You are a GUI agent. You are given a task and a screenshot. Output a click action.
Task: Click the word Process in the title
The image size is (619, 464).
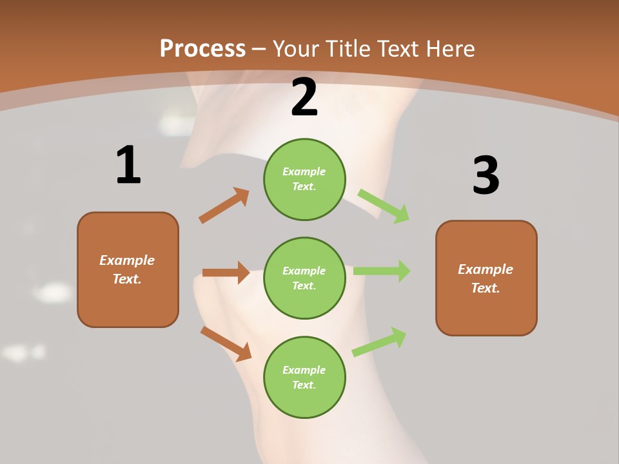pos(202,49)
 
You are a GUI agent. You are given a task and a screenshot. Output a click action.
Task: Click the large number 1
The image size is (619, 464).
pos(128,166)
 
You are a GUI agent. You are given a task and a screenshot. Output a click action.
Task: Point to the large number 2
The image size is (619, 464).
pos(304,97)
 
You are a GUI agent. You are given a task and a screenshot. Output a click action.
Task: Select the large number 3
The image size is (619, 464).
pos(486,176)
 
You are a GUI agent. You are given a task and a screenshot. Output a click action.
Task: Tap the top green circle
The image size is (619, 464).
pos(304,179)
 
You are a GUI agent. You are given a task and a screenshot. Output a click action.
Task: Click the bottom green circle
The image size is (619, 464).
pos(304,378)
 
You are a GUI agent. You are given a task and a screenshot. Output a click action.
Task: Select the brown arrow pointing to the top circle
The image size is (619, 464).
pos(224,206)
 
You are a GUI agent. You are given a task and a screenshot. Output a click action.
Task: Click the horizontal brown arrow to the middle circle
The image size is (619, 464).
pos(226,273)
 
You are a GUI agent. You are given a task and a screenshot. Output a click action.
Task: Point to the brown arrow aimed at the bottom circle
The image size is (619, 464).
pos(226,343)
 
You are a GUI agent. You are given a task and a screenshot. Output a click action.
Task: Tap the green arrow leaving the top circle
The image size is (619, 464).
pos(384,206)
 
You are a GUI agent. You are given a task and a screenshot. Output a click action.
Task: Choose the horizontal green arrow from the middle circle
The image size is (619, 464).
pos(382,271)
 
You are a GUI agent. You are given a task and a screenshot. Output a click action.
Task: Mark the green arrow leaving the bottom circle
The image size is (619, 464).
pos(379,342)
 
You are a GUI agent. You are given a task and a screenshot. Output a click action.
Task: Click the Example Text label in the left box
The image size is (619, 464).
pos(127,269)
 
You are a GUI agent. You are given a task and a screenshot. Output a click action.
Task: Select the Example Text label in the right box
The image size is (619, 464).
pos(486,278)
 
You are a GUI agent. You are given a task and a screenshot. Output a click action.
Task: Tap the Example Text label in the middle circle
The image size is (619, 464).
pos(304,278)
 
